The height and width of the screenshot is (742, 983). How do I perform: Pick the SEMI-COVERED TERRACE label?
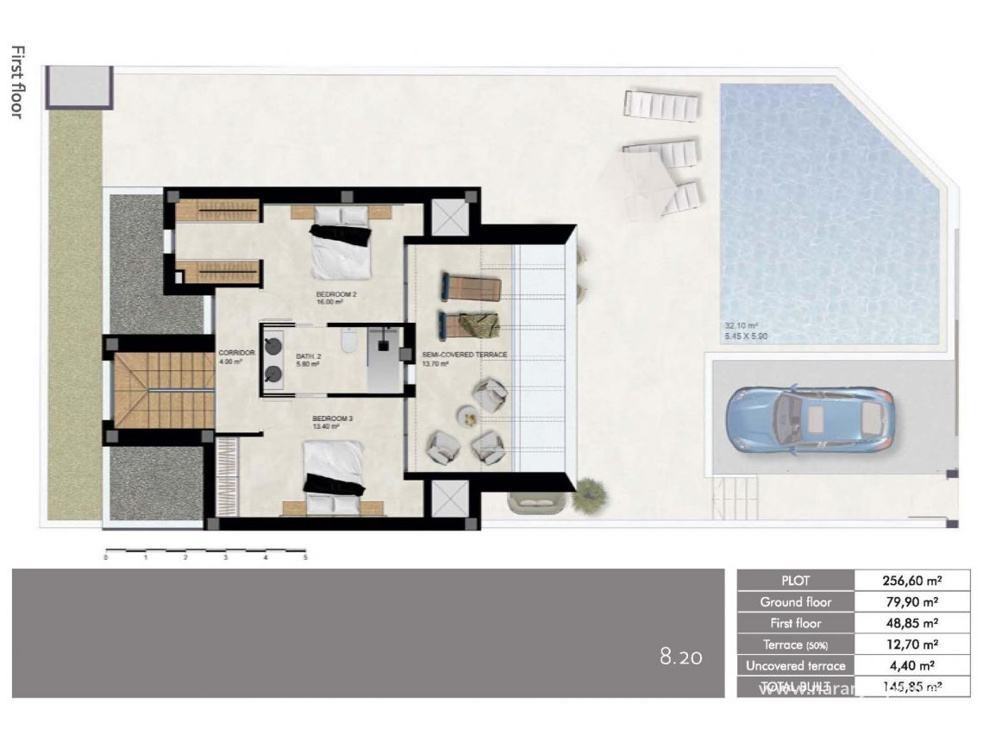(x=464, y=355)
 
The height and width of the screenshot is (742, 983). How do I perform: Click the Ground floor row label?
(x=795, y=602)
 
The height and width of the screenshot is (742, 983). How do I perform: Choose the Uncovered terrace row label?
(x=795, y=665)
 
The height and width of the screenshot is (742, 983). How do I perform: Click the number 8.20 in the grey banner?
(x=681, y=657)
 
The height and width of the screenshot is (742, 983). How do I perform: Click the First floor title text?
(x=16, y=82)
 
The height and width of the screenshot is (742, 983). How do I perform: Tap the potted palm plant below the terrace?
(x=589, y=494)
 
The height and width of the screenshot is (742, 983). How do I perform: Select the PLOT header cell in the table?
(x=795, y=581)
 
